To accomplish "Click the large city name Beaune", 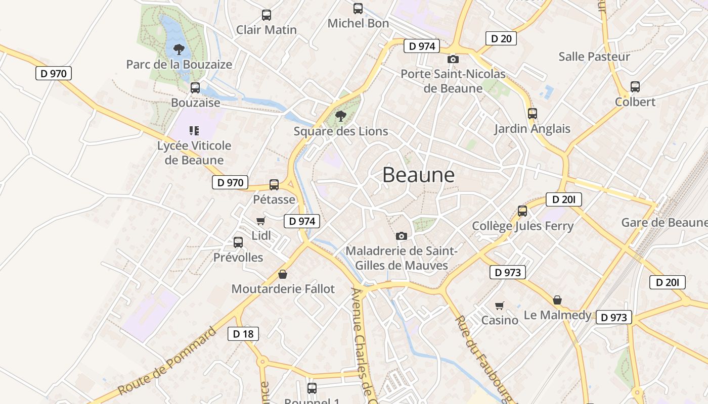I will [418, 175].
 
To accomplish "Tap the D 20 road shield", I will [501, 38].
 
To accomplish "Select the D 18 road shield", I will [243, 333].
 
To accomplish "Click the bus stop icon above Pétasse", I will [274, 185].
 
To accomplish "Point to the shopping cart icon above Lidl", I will [261, 221].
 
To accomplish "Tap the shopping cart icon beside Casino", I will [500, 306].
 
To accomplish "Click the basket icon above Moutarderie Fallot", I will [283, 274].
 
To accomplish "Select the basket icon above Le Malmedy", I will [557, 300].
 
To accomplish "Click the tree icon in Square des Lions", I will [341, 116].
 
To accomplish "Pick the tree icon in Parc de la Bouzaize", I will [179, 49].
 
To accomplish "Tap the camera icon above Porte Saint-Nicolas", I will [453, 59].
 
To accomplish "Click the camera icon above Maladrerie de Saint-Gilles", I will [402, 236].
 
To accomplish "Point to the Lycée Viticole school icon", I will [194, 131].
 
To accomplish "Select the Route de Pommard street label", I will [167, 362].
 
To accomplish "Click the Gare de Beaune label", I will [664, 222].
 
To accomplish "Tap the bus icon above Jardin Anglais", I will [532, 114].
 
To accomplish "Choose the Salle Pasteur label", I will [594, 56].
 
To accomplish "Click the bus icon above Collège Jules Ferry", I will [522, 211].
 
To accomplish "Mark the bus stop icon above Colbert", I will [635, 87].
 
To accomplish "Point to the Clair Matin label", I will [267, 30].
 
